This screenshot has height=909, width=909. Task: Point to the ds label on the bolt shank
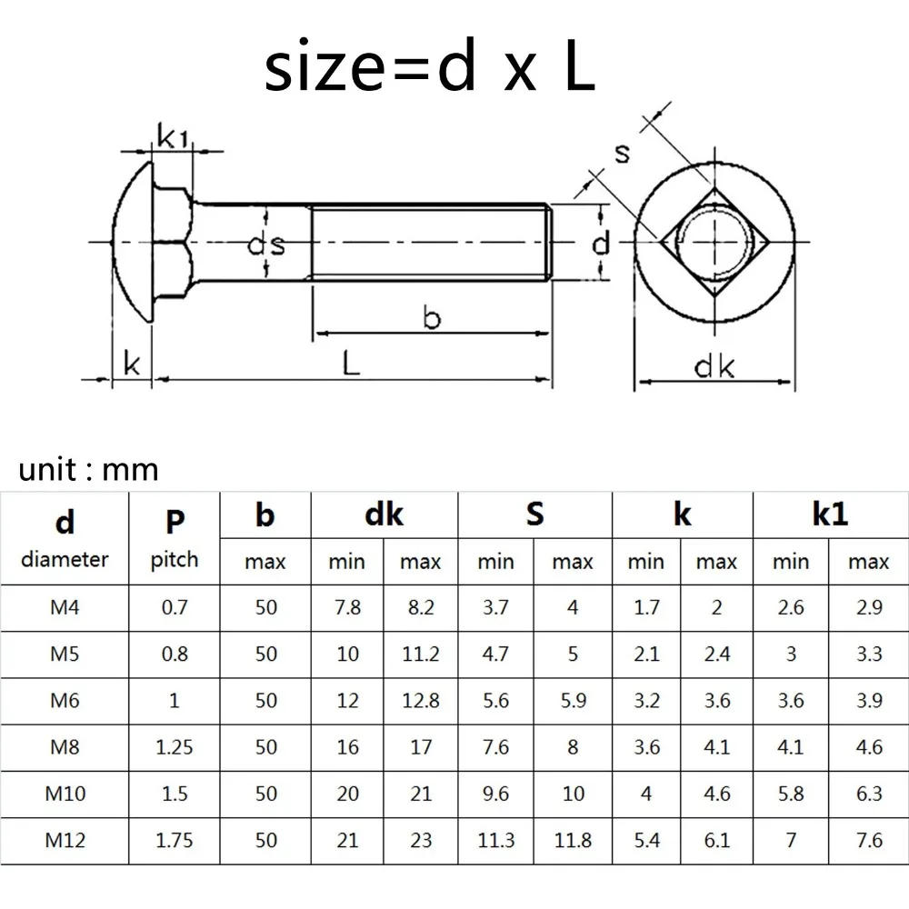[265, 245]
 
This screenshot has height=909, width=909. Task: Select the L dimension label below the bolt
[351, 363]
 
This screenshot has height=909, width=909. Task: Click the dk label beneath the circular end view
[714, 366]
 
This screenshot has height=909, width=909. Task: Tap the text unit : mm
[88, 470]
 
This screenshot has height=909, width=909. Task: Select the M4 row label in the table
[65, 607]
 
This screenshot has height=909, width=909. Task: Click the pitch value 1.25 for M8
[175, 747]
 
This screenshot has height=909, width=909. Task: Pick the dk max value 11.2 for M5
[421, 654]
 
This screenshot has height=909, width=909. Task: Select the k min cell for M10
[645, 794]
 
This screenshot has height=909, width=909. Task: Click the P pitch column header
[175, 537]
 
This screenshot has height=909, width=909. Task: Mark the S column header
[534, 514]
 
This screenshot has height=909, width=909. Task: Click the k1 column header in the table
[830, 514]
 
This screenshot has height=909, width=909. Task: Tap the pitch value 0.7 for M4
[175, 607]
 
